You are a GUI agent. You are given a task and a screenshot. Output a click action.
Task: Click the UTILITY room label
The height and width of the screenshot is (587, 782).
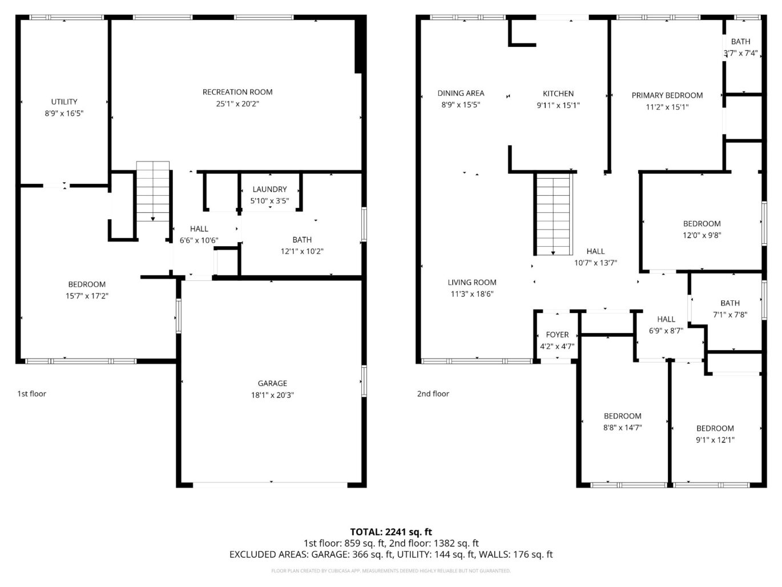pyautogui.click(x=64, y=102)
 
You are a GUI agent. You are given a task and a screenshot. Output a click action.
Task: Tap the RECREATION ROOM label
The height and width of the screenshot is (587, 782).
pyautogui.click(x=237, y=92)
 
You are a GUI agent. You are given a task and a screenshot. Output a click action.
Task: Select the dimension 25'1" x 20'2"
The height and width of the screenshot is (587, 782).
pyautogui.click(x=237, y=104)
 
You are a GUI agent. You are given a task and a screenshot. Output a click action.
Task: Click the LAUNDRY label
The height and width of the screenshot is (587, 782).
pyautogui.click(x=269, y=189)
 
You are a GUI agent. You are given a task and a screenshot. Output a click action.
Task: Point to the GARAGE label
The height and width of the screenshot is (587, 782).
pyautogui.click(x=272, y=383)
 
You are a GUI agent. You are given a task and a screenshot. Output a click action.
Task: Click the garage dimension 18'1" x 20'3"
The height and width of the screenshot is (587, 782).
pyautogui.click(x=272, y=395)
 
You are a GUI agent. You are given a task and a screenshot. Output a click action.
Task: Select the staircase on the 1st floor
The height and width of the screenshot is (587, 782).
pyautogui.click(x=152, y=192)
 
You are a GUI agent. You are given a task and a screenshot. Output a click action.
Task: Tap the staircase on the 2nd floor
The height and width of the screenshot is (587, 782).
pyautogui.click(x=553, y=215)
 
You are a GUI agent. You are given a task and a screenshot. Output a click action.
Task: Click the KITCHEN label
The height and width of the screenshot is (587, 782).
pyautogui.click(x=558, y=94)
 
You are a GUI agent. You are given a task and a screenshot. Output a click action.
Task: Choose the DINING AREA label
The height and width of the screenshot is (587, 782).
pyautogui.click(x=461, y=93)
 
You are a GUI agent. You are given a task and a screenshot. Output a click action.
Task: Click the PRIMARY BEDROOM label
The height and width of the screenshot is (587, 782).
pyautogui.click(x=667, y=95)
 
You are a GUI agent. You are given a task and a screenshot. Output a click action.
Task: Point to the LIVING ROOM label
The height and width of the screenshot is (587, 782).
pyautogui.click(x=471, y=282)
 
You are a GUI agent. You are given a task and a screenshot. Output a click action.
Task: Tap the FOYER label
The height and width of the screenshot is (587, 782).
pyautogui.click(x=557, y=335)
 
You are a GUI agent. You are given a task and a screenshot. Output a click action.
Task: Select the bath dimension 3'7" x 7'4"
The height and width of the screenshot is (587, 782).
pyautogui.click(x=740, y=53)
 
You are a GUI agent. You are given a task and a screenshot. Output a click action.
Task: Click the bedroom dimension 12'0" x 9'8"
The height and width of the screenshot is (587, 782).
pyautogui.click(x=702, y=235)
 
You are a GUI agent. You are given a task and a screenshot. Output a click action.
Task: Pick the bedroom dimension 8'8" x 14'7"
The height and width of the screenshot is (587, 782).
pyautogui.click(x=622, y=427)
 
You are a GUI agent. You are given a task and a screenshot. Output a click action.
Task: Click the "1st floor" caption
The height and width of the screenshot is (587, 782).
pyautogui.click(x=32, y=393)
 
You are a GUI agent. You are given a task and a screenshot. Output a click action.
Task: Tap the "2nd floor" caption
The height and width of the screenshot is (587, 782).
pyautogui.click(x=433, y=393)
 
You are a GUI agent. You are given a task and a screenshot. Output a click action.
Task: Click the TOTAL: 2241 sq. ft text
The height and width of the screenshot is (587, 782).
pyautogui.click(x=391, y=532)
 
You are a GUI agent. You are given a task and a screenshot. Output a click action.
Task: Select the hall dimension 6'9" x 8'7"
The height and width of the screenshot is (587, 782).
pyautogui.click(x=666, y=331)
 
